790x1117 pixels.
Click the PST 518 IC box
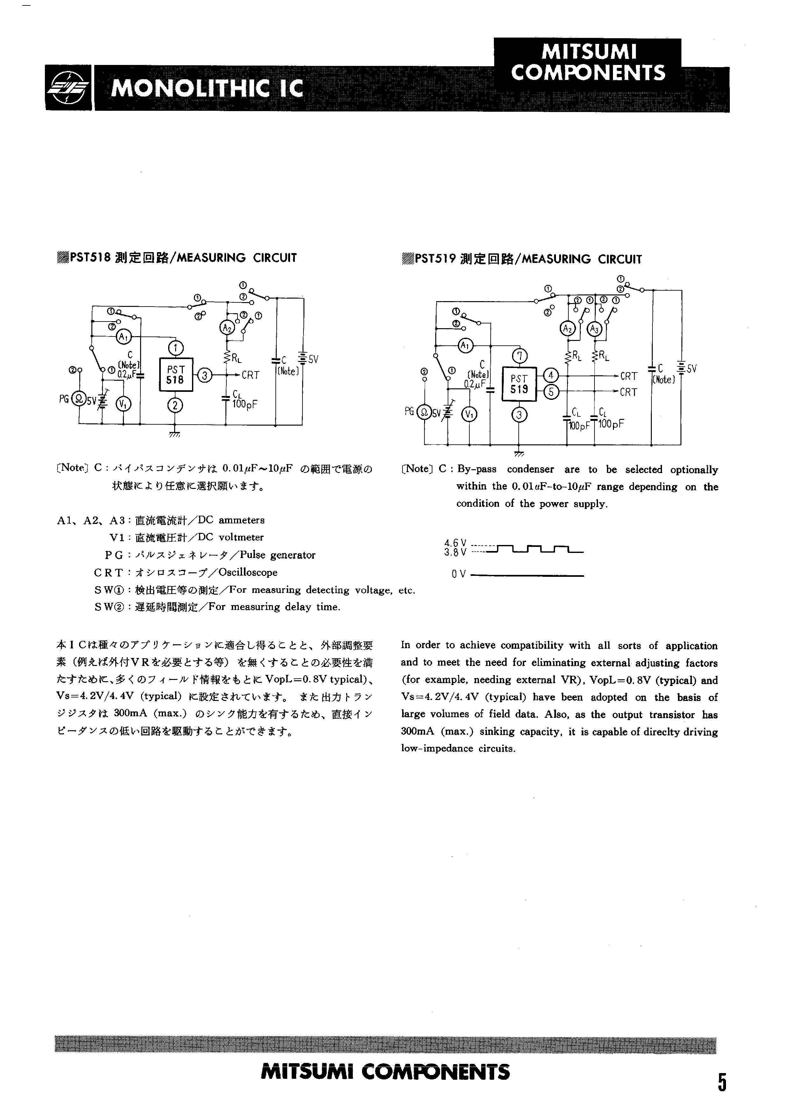pos(176,375)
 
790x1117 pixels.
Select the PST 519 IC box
pos(519,384)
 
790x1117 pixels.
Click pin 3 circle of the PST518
pos(205,375)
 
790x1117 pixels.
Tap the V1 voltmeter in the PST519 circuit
pos(470,414)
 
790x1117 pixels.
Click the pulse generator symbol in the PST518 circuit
pos(78,399)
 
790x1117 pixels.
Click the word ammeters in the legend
pos(241,520)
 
